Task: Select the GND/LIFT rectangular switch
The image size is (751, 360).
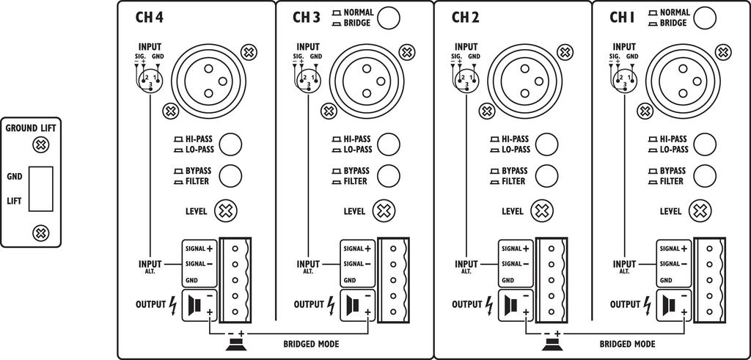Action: tap(41, 188)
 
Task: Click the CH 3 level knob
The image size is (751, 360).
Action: tap(384, 211)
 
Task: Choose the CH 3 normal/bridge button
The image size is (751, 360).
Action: tap(389, 17)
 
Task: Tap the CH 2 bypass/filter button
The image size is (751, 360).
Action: tap(546, 175)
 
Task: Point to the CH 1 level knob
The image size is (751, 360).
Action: tap(700, 211)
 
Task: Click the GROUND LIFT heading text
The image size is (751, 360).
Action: tap(32, 128)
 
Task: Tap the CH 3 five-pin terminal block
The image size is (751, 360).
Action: tap(394, 280)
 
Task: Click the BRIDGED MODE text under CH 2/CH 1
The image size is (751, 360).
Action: tap(627, 344)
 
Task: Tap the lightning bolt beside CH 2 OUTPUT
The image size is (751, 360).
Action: tap(490, 303)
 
